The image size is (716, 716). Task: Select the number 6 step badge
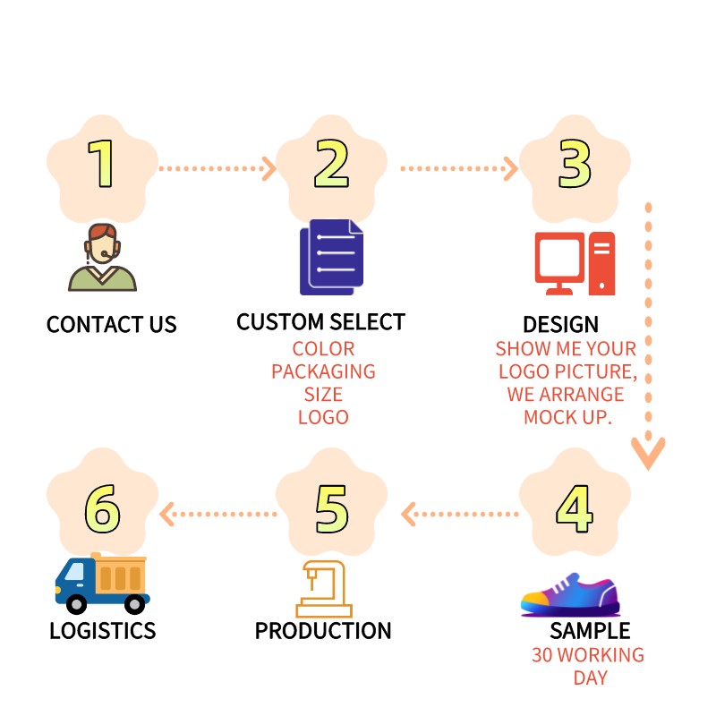[x=102, y=510]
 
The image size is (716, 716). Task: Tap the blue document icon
[x=332, y=257]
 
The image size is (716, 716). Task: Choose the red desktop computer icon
[x=575, y=264]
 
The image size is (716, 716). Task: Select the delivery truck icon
[x=102, y=583]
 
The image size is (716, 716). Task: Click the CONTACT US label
[x=112, y=324]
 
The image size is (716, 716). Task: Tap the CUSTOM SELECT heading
[x=320, y=322]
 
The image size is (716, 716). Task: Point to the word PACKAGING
[x=323, y=371]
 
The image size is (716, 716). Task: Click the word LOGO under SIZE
[x=323, y=417]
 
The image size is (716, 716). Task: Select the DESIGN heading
[x=560, y=324]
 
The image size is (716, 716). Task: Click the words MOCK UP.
[x=567, y=418]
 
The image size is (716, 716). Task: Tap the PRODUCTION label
[x=323, y=631]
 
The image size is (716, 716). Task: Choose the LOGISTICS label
[x=103, y=631]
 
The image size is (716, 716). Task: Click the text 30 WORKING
[x=588, y=655]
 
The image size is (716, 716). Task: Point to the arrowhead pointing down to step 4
[x=648, y=452]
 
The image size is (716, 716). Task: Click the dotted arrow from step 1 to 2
[x=216, y=167]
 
